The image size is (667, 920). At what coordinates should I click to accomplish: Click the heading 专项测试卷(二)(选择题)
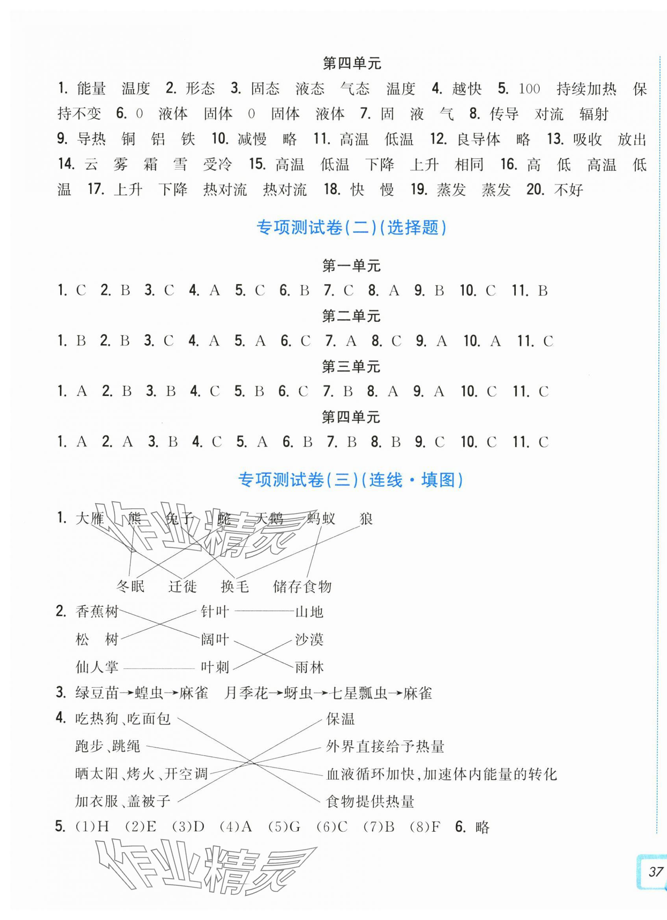click(x=351, y=228)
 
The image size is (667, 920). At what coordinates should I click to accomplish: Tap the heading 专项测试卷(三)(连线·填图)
click(x=350, y=480)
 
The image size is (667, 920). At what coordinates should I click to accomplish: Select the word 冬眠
click(x=130, y=586)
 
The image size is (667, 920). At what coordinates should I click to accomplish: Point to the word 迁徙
click(x=182, y=586)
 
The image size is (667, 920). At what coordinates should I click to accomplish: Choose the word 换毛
click(x=235, y=586)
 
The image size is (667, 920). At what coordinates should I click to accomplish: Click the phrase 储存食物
click(x=302, y=586)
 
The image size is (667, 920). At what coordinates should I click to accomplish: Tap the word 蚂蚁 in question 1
click(x=321, y=519)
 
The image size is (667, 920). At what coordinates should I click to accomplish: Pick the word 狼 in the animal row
click(x=366, y=519)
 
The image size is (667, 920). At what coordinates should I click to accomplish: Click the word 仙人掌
click(x=97, y=667)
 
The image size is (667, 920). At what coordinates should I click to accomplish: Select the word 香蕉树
click(x=97, y=612)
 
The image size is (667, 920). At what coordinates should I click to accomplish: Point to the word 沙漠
click(x=309, y=640)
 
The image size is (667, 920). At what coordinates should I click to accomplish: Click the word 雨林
click(x=309, y=667)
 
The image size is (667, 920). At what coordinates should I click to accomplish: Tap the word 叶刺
click(x=215, y=667)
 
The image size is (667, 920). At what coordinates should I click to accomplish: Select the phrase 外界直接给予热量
click(x=385, y=746)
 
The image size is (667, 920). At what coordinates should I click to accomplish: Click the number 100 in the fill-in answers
click(x=530, y=89)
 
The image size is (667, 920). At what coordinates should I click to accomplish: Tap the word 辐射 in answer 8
click(x=594, y=114)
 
